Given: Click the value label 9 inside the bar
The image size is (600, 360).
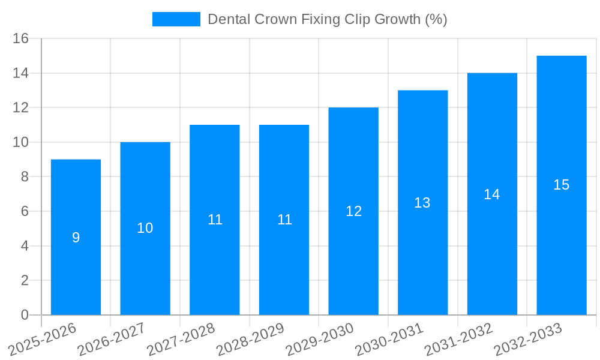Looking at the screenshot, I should (x=76, y=238).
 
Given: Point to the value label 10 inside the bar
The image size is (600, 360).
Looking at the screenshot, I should (x=145, y=228).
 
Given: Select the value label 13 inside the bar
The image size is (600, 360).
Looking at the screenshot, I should (x=422, y=203).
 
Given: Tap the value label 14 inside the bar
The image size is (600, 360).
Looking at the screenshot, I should (x=492, y=194).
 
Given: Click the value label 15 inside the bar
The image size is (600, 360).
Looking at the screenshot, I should (x=562, y=185).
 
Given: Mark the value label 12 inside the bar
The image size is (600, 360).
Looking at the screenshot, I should (x=353, y=211).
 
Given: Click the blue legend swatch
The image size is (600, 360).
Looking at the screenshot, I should (x=176, y=19).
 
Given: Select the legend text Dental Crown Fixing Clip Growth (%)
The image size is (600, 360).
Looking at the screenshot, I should (x=328, y=19).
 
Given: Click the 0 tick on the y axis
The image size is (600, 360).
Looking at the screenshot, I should (x=25, y=315).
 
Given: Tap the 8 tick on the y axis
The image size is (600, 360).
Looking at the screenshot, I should (x=25, y=177).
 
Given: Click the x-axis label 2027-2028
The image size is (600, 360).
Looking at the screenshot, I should (x=181, y=340).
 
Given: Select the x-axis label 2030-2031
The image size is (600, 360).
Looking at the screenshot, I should (x=389, y=340).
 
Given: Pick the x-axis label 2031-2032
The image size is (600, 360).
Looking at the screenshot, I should (x=459, y=340).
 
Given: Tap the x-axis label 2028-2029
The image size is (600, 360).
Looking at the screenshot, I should (x=251, y=340).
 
